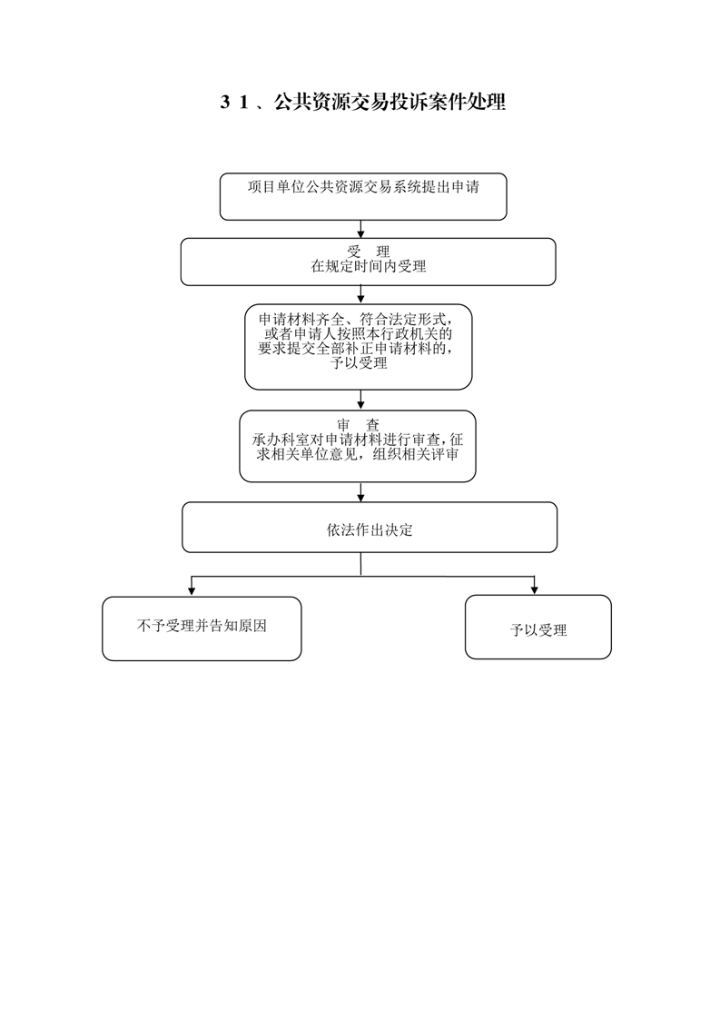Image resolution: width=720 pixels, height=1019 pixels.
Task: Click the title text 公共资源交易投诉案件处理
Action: [390, 102]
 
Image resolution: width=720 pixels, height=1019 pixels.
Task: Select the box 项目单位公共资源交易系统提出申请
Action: [363, 196]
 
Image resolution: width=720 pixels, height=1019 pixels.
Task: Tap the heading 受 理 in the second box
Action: [369, 252]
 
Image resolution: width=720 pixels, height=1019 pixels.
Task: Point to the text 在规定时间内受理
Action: [369, 266]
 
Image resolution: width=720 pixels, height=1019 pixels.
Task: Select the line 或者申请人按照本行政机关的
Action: [358, 334]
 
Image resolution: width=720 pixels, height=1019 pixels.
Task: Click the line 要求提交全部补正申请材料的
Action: [356, 349]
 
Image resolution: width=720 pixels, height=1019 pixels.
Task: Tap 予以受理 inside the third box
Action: [359, 363]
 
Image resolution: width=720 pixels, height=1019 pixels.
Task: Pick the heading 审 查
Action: [358, 426]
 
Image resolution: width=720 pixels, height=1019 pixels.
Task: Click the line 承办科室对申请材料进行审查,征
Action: [358, 440]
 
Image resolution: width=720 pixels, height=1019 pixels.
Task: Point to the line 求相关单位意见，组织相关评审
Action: [358, 454]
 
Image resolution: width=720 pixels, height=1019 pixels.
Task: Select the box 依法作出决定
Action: [370, 527]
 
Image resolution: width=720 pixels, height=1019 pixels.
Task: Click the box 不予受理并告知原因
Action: [202, 628]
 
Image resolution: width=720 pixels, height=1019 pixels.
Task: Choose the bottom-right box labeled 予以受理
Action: [538, 628]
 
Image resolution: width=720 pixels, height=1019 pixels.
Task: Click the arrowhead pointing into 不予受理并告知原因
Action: [191, 590]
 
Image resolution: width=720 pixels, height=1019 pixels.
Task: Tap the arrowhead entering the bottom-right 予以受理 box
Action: [534, 590]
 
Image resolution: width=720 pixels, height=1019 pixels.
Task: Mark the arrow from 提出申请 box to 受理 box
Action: [361, 230]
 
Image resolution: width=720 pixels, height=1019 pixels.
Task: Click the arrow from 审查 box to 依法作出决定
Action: [360, 492]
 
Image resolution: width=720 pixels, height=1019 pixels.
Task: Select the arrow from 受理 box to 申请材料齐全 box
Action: [361, 295]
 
